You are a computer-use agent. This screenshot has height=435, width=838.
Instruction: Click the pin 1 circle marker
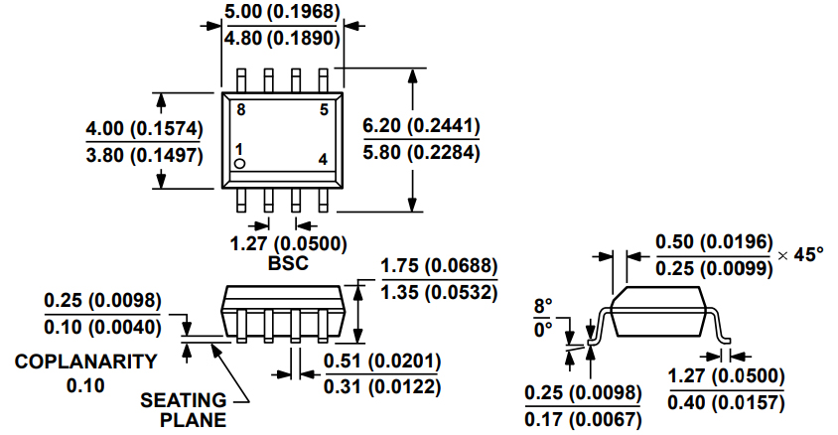pos(240,162)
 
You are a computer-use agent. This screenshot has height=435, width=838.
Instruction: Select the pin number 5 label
pos(323,109)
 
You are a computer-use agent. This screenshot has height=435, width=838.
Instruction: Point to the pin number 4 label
pos(323,160)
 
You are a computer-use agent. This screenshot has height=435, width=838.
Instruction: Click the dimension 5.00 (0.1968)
pos(283,12)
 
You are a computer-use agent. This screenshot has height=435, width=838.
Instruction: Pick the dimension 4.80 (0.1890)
pos(283,39)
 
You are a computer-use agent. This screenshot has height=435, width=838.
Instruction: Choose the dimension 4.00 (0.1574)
pos(144,128)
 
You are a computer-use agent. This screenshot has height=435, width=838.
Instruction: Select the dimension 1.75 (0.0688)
pos(439,267)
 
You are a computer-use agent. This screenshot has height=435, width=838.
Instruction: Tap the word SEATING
pos(183,400)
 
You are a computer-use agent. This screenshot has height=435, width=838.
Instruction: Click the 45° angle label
pos(807,254)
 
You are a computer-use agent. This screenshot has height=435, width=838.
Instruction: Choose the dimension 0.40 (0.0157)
pos(726,401)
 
